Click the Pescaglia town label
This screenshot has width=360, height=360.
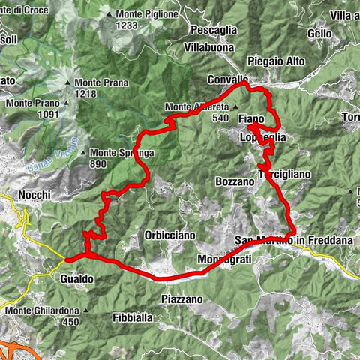pyautogui.click(x=214, y=29)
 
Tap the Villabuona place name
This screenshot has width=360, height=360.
pyautogui.click(x=213, y=46)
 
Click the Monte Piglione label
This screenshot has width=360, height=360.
pyautogui.click(x=146, y=14)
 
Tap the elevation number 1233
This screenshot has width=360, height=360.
pyautogui.click(x=128, y=25)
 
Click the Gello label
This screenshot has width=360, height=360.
pyautogui.click(x=319, y=34)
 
